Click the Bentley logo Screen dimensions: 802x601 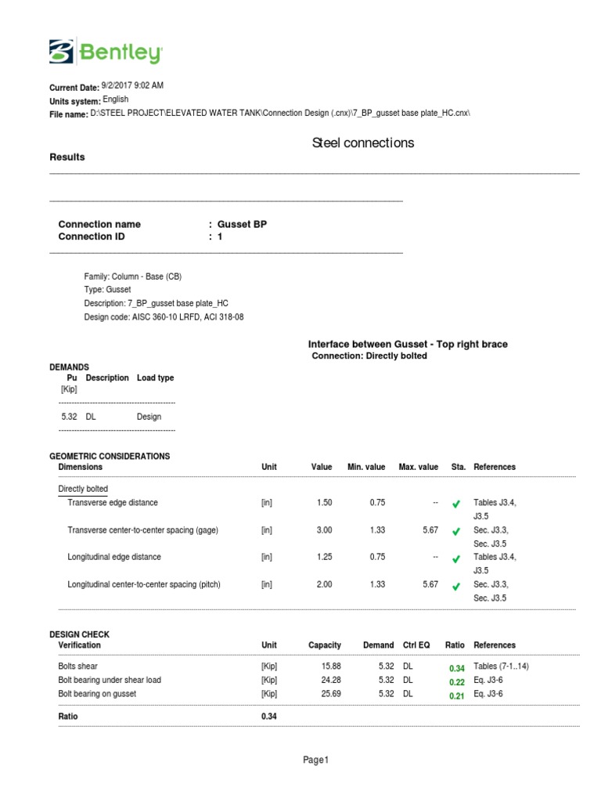106,53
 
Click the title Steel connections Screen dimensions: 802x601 363,143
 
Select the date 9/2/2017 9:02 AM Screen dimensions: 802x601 132,86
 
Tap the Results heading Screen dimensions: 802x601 67,157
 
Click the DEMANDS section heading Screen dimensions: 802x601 69,367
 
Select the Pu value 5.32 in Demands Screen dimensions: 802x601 69,417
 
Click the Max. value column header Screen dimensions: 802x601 418,467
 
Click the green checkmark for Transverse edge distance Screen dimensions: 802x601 456,504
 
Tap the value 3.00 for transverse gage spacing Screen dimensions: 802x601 324,530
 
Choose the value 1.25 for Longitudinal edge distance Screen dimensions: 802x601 324,558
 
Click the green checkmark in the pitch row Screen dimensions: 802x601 456,587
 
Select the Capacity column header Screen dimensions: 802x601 324,645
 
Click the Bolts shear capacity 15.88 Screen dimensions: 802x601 331,667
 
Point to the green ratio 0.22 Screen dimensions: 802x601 456,681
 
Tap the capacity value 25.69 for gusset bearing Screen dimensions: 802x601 331,694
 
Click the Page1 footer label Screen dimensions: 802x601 316,760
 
